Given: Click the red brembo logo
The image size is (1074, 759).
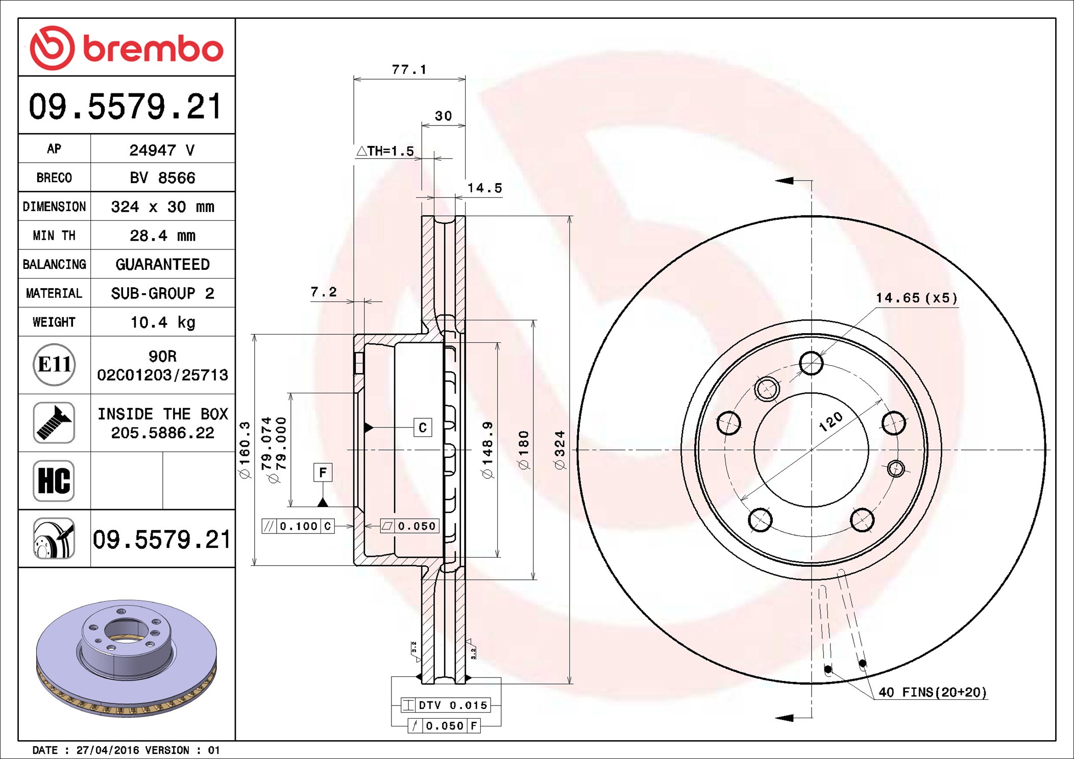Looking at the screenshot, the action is point(127,48).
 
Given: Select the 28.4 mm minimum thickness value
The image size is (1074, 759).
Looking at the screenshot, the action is point(162,236).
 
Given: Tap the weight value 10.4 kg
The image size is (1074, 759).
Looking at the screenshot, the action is point(162,322).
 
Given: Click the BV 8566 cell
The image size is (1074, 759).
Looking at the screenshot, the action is point(162,178).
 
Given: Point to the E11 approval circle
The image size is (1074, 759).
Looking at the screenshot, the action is point(54,364).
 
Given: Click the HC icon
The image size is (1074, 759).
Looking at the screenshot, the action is point(54,480).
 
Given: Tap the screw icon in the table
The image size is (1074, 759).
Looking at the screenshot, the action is point(54,422).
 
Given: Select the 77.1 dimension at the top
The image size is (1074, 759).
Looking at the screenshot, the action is point(409,69).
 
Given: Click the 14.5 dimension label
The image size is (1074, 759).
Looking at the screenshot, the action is point(485,188).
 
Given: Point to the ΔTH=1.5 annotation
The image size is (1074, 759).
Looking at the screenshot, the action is point(385,151).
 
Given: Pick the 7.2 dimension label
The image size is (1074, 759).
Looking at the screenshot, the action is point(324,292).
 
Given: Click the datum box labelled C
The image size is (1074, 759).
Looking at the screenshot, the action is point(423,427).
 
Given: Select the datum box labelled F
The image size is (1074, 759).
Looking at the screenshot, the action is point(323,472).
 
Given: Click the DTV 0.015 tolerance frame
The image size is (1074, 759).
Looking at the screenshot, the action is point(446,705).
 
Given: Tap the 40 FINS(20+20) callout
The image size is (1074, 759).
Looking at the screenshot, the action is point(933,692).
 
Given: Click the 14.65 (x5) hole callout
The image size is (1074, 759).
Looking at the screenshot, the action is point(917,298).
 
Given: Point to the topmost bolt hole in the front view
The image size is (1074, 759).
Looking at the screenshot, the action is point(811,364).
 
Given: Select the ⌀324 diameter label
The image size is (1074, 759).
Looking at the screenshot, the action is point(560,450).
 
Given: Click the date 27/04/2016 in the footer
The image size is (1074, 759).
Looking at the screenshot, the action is point(108,750).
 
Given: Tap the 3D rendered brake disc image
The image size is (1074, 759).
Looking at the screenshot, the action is point(127,658).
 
